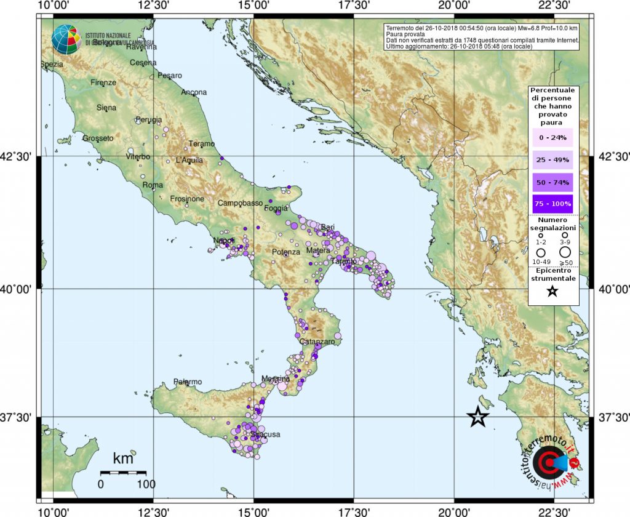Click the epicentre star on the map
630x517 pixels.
(478, 417)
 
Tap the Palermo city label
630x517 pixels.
(188, 382)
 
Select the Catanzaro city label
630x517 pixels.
(316, 341)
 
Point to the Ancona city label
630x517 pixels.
(194, 92)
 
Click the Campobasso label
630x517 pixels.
(240, 203)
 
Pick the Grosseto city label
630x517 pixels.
(97, 138)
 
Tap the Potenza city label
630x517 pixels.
(286, 252)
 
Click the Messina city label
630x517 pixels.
(275, 379)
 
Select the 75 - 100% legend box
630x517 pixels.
(552, 204)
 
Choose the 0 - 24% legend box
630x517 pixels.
(552, 137)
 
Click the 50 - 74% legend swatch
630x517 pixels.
(552, 182)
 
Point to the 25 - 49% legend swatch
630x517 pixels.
(552, 160)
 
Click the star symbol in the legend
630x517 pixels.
(552, 292)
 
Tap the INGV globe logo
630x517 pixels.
(66, 39)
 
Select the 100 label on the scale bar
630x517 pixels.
(146, 484)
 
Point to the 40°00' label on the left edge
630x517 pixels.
(21, 289)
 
